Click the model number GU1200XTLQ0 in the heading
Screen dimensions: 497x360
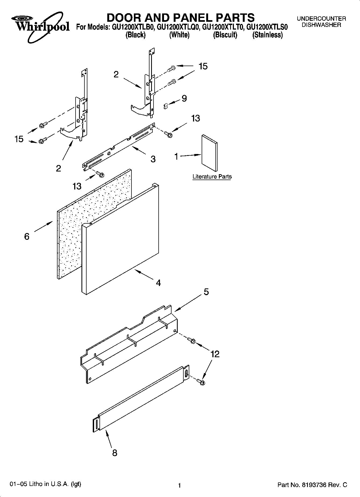(x=178, y=27)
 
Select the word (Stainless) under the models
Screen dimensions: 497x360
(x=267, y=35)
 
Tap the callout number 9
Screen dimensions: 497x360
(x=184, y=98)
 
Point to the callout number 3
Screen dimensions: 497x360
(x=153, y=159)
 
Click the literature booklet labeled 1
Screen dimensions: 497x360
(x=209, y=153)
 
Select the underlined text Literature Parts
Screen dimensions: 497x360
(x=212, y=177)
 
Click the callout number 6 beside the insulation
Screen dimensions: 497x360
(x=27, y=237)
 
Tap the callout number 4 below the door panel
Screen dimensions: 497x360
(x=158, y=283)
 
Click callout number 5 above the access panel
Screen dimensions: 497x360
(x=206, y=292)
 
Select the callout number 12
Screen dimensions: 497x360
(x=215, y=354)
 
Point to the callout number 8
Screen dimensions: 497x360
(x=115, y=453)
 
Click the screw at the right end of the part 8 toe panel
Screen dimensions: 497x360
(x=201, y=381)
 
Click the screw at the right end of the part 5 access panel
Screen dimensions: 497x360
(x=193, y=341)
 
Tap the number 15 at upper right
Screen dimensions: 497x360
(x=203, y=66)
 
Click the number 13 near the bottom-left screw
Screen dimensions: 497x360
(x=77, y=186)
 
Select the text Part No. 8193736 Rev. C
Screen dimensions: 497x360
(x=312, y=485)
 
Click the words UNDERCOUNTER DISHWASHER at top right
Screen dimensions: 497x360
(x=321, y=22)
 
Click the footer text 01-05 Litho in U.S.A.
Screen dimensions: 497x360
(x=45, y=484)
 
